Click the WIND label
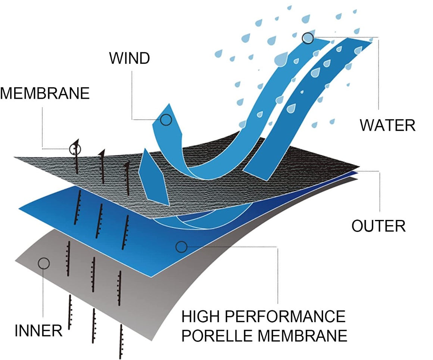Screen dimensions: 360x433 pos(129,58)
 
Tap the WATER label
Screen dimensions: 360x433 pos(387,125)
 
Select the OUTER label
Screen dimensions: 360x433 pos(379,226)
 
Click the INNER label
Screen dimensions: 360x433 pos(38,330)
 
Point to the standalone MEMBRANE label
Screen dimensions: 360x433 pos(45,93)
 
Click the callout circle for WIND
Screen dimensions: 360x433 pos(166,120)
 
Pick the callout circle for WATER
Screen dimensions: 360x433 pos(308,38)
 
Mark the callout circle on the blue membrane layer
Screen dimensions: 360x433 pos(181,246)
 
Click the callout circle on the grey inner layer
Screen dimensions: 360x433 pos(44,263)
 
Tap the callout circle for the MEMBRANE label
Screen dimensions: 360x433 pos(75,149)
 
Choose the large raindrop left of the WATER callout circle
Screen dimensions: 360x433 pos(281,58)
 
